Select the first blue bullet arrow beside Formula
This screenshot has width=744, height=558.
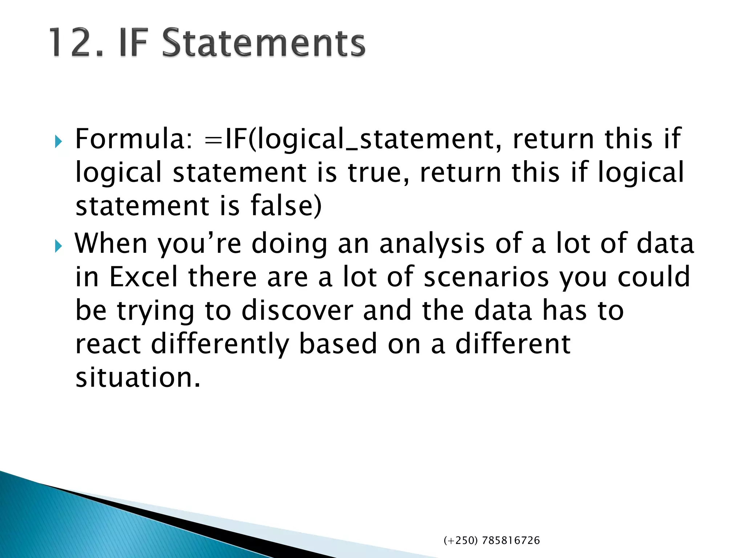[x=58, y=142]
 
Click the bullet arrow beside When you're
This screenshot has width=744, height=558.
[x=58, y=246]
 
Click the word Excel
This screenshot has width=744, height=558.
[x=143, y=277]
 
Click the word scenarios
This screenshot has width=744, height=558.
[x=486, y=277]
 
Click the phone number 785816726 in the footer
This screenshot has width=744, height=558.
[x=511, y=541]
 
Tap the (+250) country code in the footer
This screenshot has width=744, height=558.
[x=461, y=541]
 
